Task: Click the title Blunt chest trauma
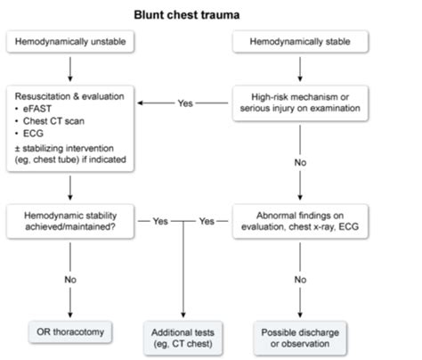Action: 187,15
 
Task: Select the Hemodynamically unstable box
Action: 70,42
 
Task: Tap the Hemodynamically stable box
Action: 300,42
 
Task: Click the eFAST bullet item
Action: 37,109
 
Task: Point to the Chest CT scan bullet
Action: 53,121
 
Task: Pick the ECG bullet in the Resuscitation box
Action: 33,134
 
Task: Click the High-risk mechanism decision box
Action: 300,103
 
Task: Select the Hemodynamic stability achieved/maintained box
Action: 70,221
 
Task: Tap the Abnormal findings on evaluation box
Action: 300,221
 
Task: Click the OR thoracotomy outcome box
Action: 70,332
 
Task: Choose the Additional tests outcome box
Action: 183,338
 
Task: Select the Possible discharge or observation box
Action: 300,338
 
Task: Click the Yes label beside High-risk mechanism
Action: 185,103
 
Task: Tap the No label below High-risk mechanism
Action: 300,162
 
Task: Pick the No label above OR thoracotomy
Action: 70,280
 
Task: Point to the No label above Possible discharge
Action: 300,280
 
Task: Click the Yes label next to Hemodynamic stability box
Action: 160,221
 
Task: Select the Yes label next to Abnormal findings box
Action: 207,221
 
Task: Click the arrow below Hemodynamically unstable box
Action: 70,70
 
